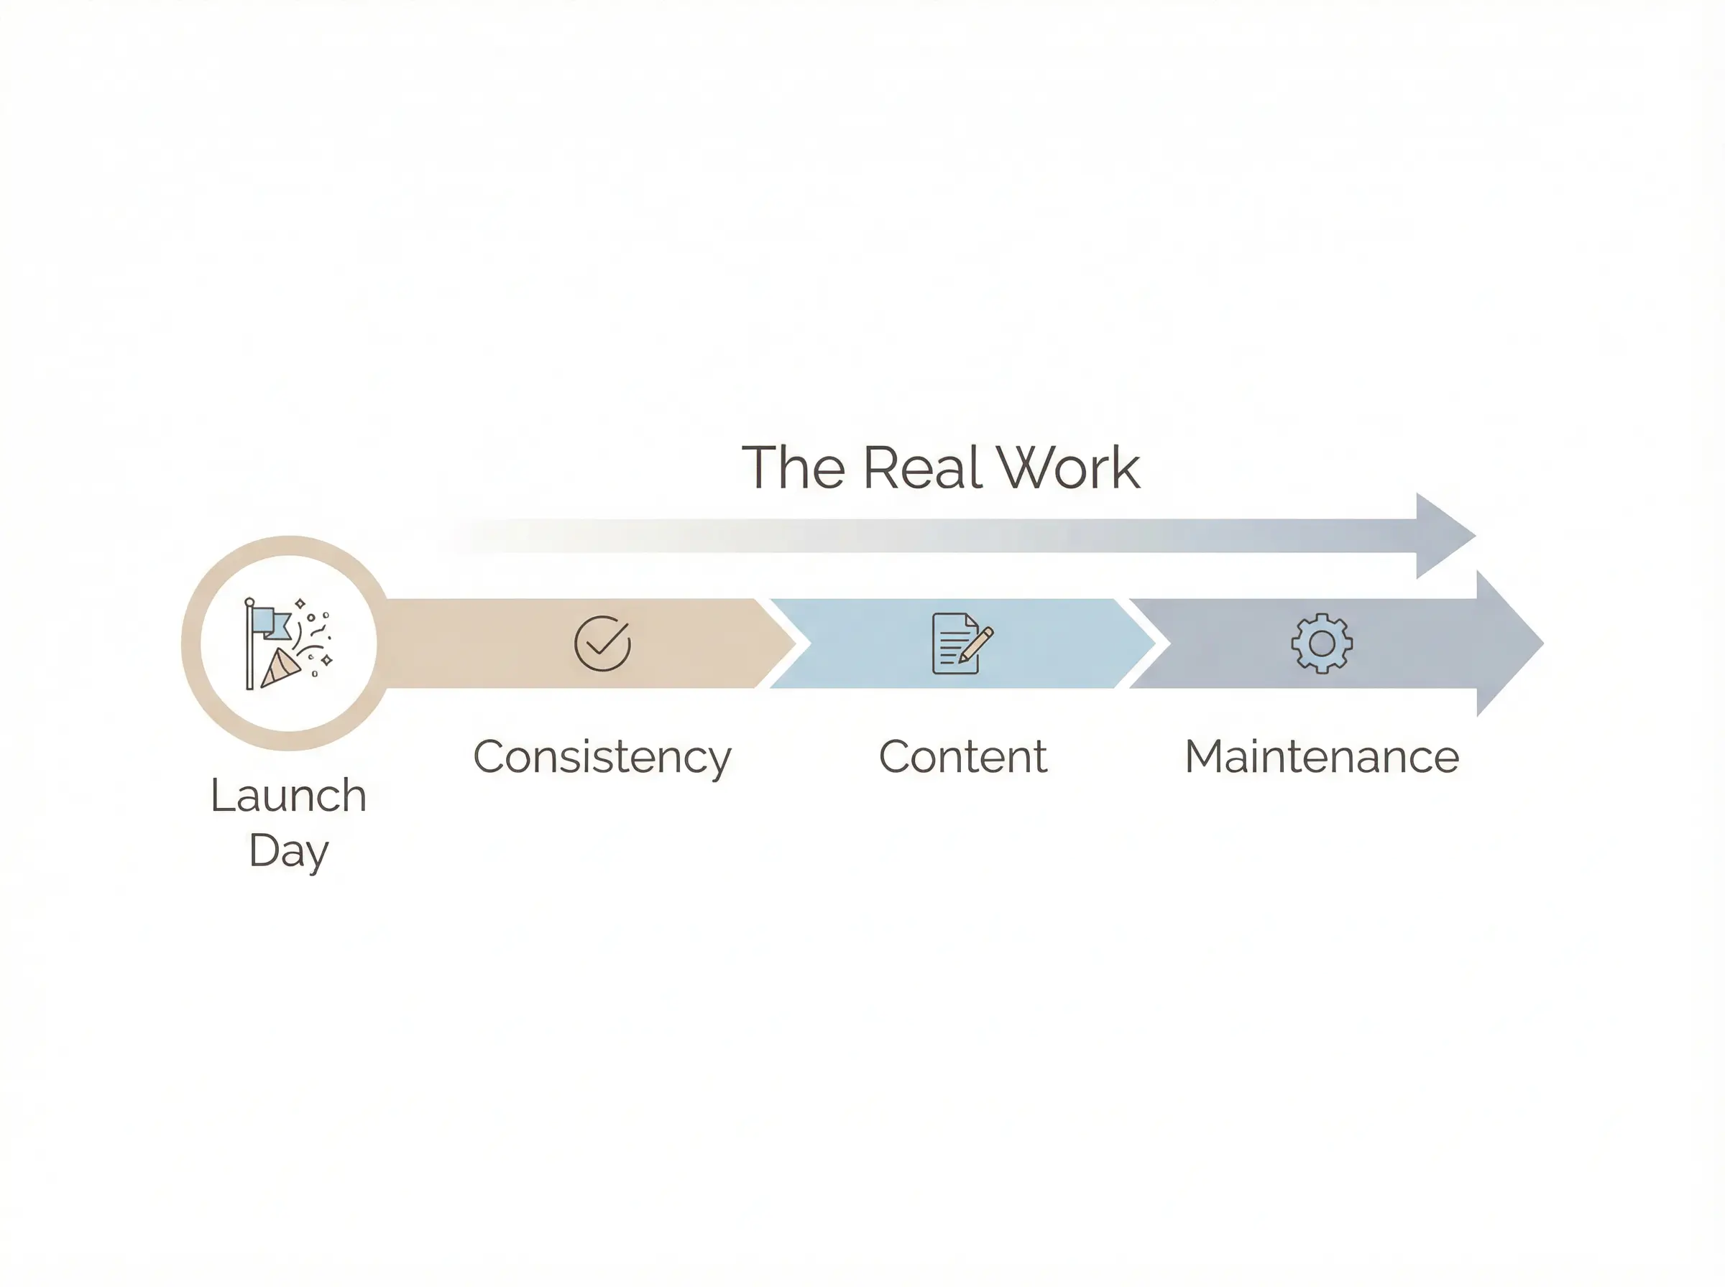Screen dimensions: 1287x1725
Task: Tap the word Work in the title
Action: [1068, 468]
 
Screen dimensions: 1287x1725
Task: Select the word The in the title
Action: [793, 468]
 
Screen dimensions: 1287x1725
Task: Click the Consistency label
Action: [602, 756]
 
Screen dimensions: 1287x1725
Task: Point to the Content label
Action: [962, 756]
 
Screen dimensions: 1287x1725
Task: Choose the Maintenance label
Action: [1322, 756]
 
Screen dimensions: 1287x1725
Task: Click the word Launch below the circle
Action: [288, 796]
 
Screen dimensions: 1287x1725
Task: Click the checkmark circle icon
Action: [602, 643]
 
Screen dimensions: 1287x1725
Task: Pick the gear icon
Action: [1322, 643]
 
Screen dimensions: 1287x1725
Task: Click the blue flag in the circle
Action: [271, 624]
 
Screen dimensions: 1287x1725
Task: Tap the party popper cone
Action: [280, 668]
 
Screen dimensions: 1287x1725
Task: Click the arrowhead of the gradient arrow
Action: [1442, 536]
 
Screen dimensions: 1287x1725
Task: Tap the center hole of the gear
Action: [1322, 643]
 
